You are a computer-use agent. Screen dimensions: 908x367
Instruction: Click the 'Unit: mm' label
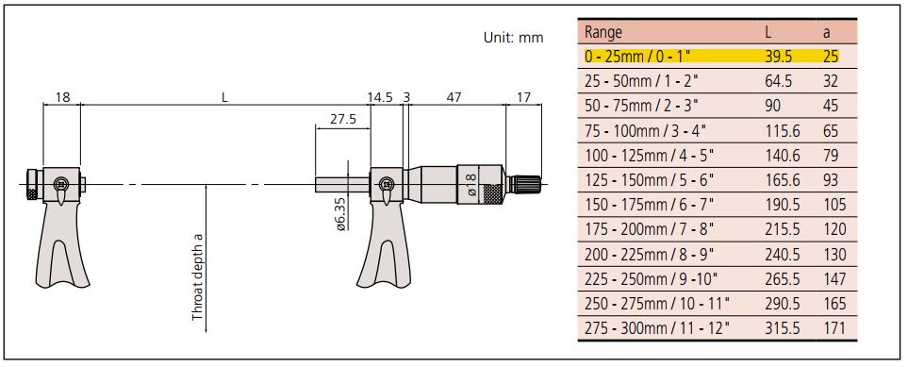(513, 38)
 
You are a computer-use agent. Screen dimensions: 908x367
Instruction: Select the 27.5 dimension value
(343, 120)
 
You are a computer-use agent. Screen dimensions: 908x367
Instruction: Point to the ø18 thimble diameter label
(471, 184)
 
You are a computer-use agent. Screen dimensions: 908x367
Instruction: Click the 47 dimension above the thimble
(454, 97)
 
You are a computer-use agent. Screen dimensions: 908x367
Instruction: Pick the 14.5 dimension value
(380, 97)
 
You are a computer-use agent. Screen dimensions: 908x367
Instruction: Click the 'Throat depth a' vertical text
(197, 277)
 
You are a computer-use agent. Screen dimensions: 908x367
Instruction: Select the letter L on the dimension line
(224, 97)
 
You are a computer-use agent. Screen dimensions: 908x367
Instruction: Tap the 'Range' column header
(603, 31)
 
